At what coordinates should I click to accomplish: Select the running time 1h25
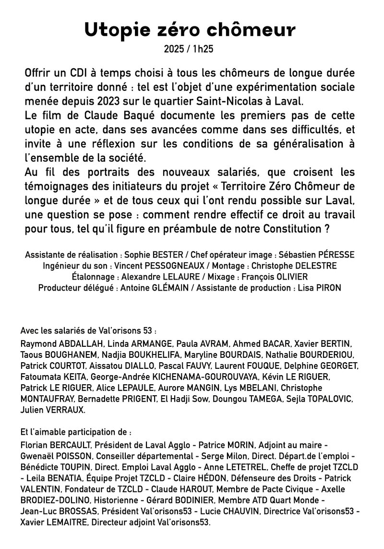tap(204, 49)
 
